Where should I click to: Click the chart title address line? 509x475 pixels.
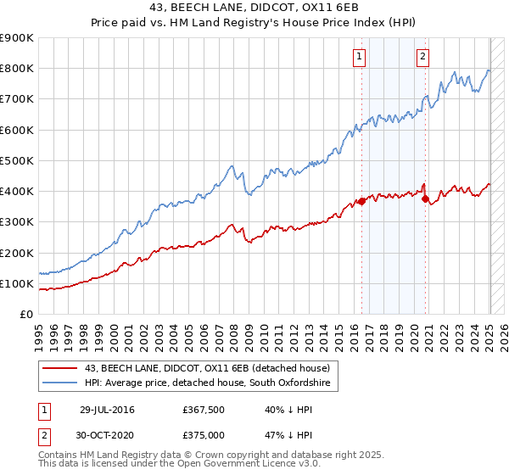(x=254, y=8)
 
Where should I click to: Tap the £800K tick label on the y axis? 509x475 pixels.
(x=17, y=69)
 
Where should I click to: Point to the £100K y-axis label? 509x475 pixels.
(x=17, y=284)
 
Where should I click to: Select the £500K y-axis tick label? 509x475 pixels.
(x=17, y=160)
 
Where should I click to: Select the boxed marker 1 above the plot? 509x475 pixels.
(x=360, y=57)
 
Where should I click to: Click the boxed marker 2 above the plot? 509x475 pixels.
(x=422, y=57)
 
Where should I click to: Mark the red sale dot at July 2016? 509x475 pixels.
(x=361, y=201)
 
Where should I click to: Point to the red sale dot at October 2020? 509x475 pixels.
(x=425, y=198)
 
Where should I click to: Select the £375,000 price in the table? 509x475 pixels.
(x=204, y=434)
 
